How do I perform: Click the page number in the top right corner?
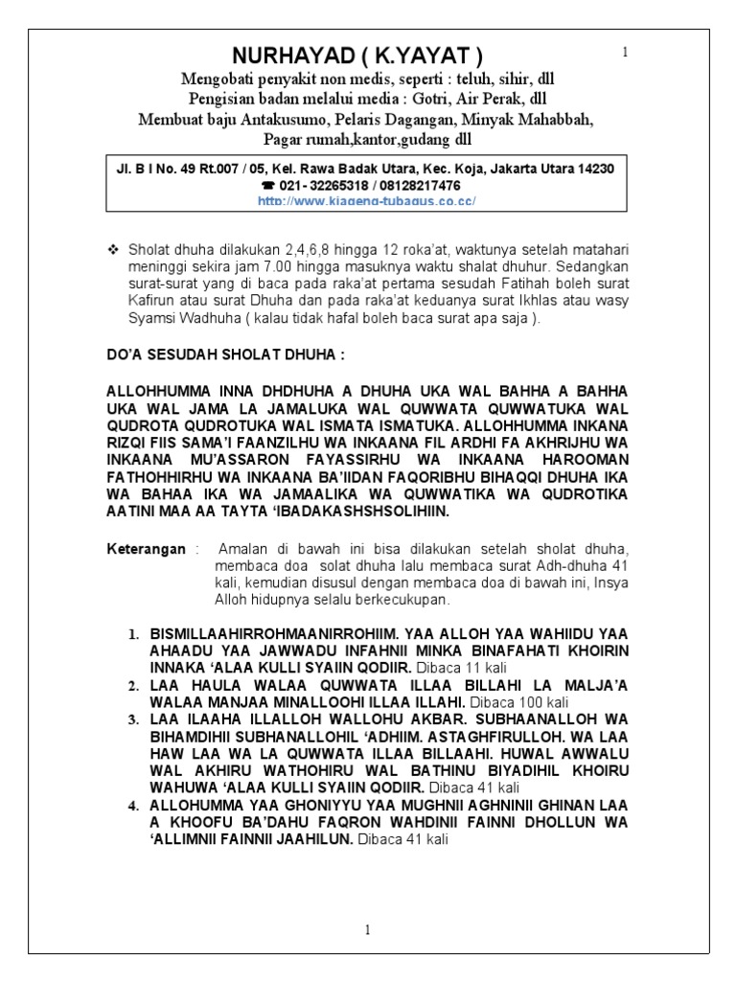tap(625, 52)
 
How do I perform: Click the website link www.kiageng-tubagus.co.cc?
tap(368, 200)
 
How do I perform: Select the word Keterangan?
tap(147, 548)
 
